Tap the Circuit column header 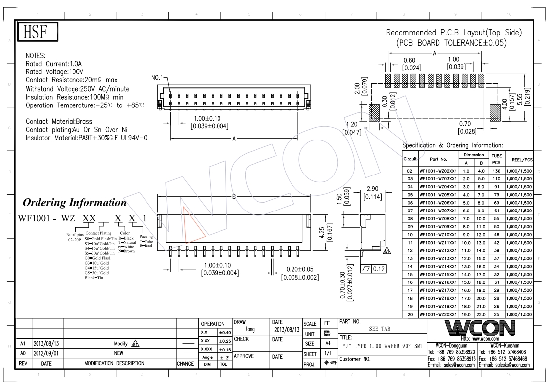410,159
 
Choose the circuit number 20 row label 410,314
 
